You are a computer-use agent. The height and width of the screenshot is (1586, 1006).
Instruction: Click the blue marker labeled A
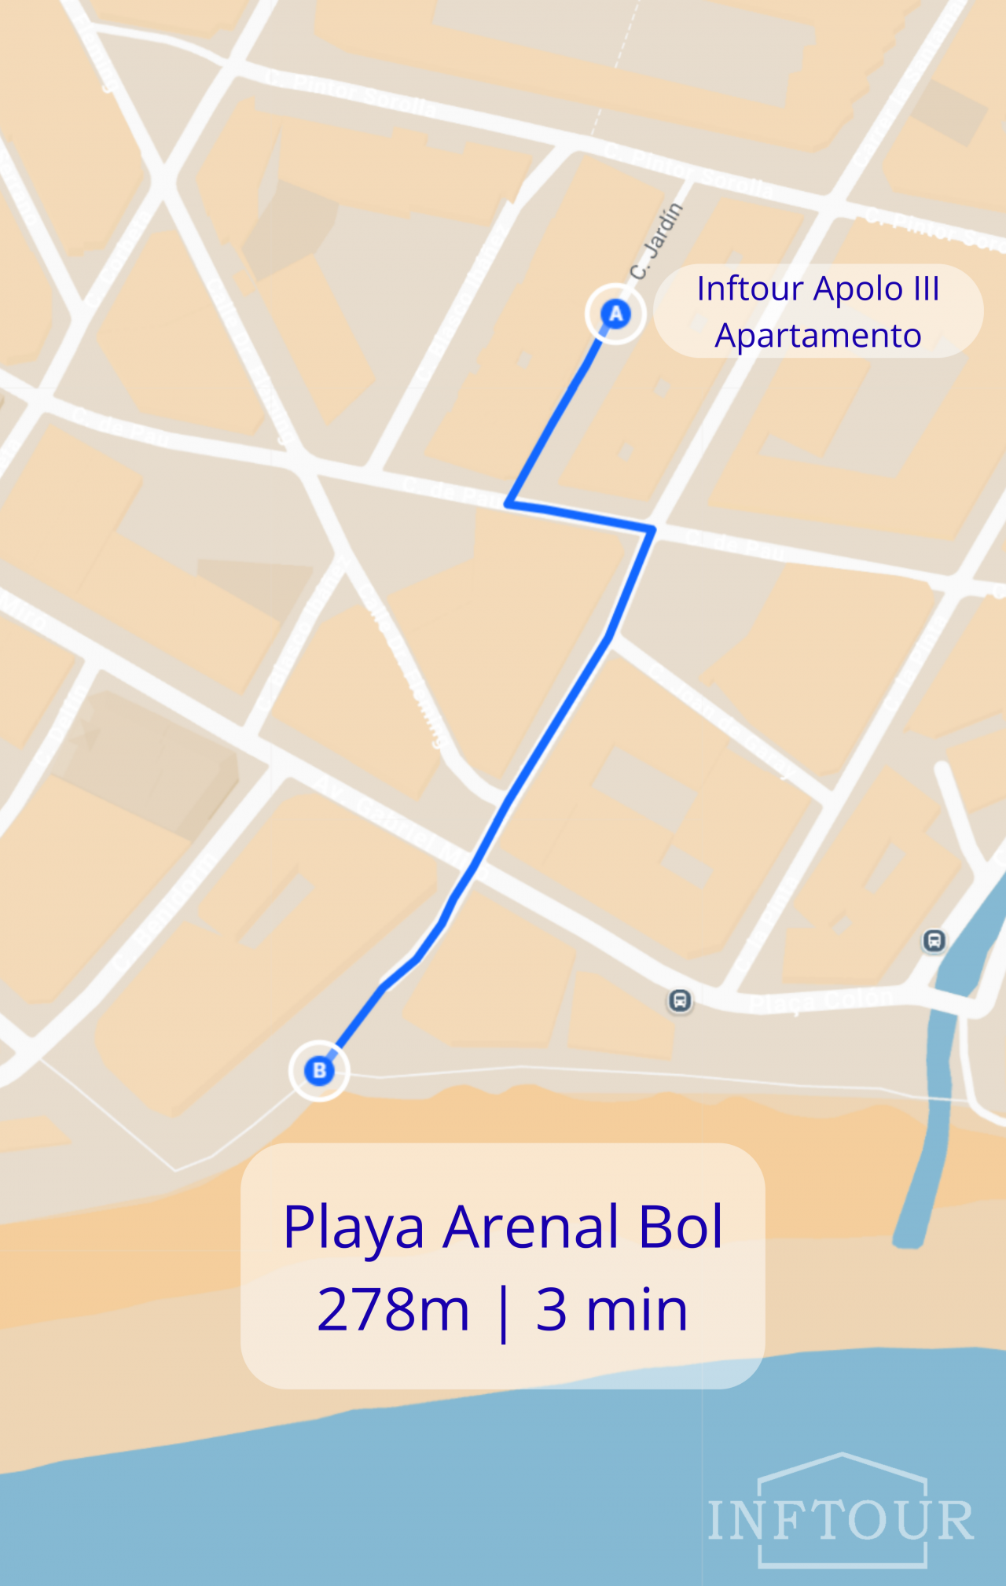[615, 314]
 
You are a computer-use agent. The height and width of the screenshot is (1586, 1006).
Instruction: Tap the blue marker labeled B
[319, 1070]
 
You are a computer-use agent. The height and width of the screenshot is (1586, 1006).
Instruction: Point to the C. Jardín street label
[656, 241]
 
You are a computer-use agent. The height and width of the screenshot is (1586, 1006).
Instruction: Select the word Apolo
[858, 289]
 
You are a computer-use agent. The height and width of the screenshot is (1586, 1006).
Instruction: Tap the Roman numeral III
[926, 289]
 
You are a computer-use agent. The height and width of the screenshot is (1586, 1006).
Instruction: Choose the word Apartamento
[817, 336]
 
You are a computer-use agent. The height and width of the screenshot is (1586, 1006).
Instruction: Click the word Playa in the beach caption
[354, 1227]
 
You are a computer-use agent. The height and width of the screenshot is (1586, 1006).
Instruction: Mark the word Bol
[681, 1227]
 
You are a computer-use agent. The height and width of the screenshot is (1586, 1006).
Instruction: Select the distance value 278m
[393, 1310]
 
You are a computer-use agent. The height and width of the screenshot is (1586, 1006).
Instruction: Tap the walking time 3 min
[611, 1310]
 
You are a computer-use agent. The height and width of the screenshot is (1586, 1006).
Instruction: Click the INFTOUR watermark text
[841, 1521]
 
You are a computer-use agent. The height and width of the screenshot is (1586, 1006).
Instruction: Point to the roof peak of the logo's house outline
[842, 1455]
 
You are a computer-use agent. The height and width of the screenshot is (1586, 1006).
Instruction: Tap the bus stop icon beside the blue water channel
[934, 940]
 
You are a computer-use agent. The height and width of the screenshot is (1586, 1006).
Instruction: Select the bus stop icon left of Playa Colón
[680, 1001]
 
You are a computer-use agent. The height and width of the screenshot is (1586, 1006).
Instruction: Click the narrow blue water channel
[935, 1101]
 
